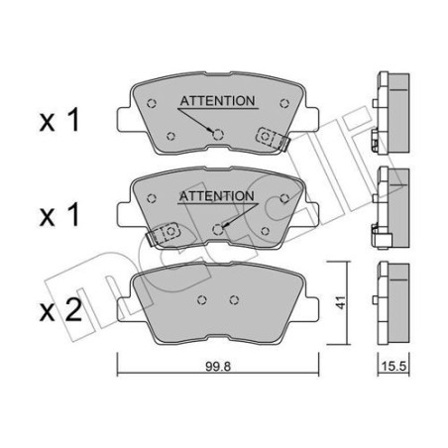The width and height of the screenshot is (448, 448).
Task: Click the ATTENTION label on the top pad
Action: tap(217, 100)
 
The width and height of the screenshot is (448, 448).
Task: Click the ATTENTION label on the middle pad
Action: tap(217, 196)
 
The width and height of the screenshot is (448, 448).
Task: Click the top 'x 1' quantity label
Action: tap(58, 121)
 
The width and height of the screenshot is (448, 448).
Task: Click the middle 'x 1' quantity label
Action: tap(58, 215)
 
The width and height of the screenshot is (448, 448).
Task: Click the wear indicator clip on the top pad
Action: tap(271, 138)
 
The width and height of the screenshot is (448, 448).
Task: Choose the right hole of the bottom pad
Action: tap(234, 300)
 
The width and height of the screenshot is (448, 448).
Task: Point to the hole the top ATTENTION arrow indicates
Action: tap(218, 135)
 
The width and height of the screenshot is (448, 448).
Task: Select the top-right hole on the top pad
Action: tap(283, 101)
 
